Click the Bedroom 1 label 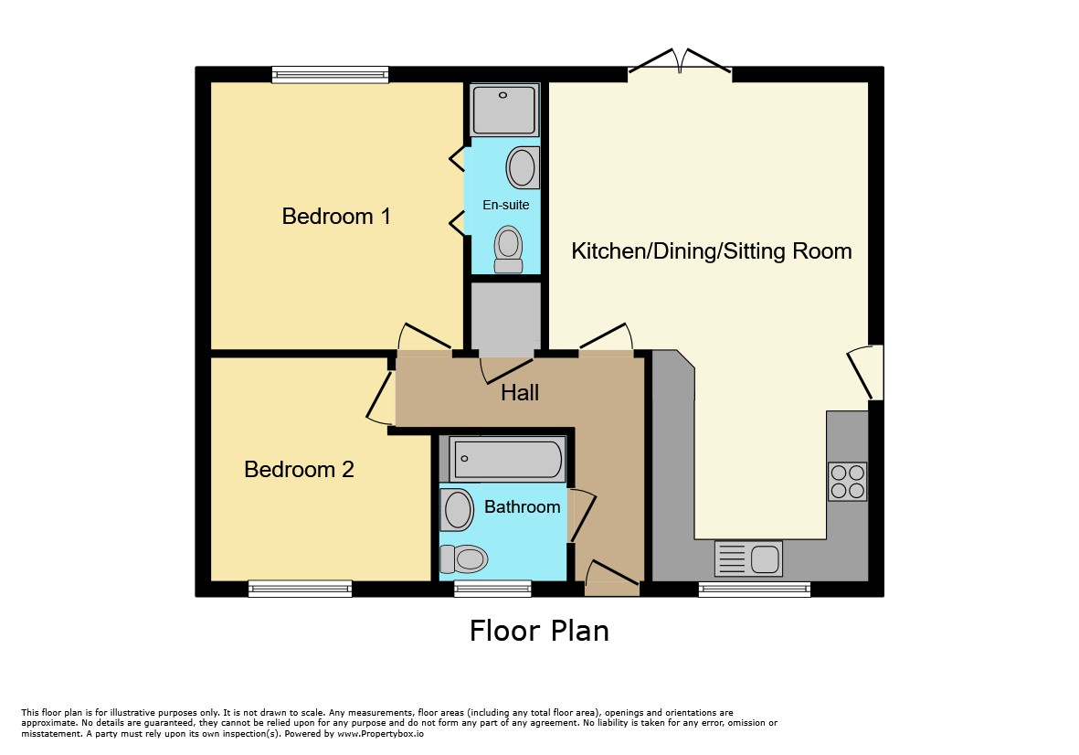click(x=336, y=216)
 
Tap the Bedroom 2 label click(x=299, y=470)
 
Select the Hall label click(x=520, y=392)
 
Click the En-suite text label click(x=506, y=205)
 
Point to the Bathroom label click(x=523, y=506)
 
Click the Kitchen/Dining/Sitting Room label click(x=712, y=251)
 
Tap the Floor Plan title click(x=539, y=631)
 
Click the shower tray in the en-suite click(x=504, y=110)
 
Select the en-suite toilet click(x=509, y=250)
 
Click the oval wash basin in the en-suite click(x=523, y=167)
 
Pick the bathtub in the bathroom click(x=507, y=459)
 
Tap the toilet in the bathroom click(x=463, y=558)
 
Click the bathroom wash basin click(x=456, y=510)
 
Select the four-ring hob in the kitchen click(x=847, y=481)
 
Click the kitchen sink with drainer click(x=748, y=558)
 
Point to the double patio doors click(x=680, y=62)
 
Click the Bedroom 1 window click(x=331, y=74)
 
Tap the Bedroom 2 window click(x=300, y=589)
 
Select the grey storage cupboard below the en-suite click(x=506, y=317)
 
